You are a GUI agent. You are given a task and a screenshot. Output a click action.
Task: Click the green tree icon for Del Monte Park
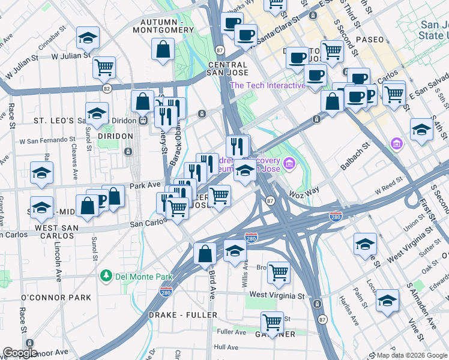coord(106,276)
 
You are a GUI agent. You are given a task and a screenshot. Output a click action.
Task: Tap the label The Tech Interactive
coord(268,85)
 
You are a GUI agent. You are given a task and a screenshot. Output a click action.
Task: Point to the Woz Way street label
coord(321,190)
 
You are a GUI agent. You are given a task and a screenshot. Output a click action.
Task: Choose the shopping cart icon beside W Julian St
coord(104,67)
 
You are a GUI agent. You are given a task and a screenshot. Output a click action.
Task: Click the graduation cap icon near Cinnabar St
coord(88,38)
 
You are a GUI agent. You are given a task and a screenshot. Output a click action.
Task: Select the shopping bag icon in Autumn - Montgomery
coord(163,50)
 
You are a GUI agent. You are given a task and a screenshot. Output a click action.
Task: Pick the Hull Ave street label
coord(226,347)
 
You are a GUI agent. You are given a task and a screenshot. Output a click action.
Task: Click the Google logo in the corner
coord(20,353)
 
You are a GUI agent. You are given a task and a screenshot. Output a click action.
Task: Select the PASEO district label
coord(369,40)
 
